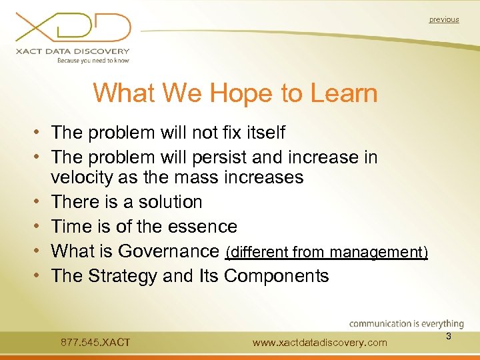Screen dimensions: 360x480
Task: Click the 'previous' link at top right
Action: click(443, 20)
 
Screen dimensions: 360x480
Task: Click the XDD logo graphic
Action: click(73, 28)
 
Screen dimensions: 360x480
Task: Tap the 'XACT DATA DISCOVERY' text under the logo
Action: click(74, 51)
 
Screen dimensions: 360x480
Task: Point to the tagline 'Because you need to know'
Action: click(93, 60)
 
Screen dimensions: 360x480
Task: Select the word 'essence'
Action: click(204, 227)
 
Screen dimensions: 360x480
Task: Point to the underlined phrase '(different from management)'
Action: click(327, 252)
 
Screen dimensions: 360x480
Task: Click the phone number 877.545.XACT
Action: click(95, 343)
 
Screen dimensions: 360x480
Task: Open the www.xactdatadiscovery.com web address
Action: click(320, 343)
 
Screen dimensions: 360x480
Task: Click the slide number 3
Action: click(449, 337)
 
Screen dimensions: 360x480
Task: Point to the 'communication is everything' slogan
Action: click(406, 324)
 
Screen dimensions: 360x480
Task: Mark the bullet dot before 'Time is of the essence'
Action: click(41, 227)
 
